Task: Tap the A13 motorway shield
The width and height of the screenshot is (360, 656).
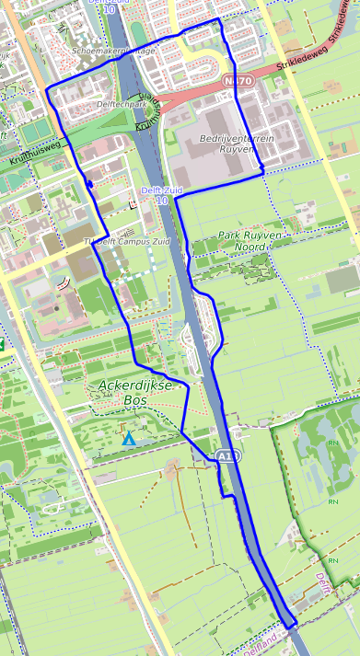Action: tap(227, 455)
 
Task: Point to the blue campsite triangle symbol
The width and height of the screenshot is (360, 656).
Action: tap(129, 439)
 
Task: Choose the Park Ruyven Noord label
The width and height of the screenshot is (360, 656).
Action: tap(250, 242)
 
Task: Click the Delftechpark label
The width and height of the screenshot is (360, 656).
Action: tap(118, 105)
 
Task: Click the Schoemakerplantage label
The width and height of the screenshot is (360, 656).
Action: tap(113, 52)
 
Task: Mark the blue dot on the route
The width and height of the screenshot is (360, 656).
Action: tap(89, 185)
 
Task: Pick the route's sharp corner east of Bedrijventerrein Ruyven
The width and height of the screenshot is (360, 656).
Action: tap(263, 170)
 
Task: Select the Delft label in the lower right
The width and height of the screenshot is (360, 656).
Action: tap(321, 584)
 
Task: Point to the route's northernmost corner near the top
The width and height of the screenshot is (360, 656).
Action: tap(217, 18)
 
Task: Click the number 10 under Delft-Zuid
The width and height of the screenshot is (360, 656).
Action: tap(162, 200)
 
